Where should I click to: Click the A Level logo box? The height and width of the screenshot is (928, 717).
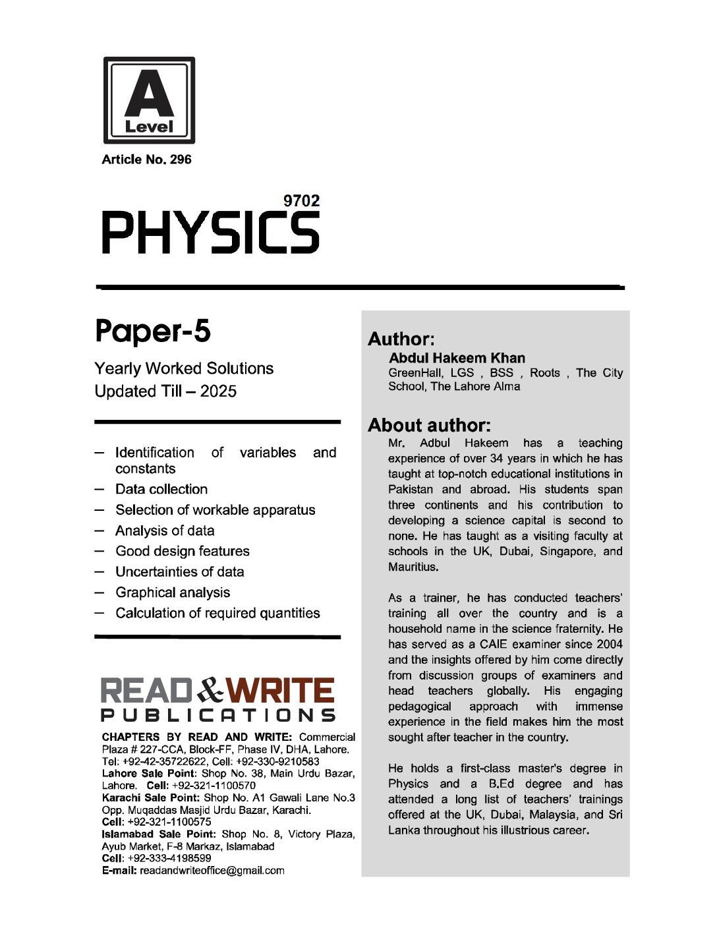(x=149, y=100)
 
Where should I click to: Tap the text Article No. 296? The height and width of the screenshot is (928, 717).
(x=146, y=159)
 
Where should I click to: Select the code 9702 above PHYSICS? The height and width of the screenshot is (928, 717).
(x=301, y=200)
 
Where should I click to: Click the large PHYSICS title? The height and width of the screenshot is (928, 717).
(x=210, y=233)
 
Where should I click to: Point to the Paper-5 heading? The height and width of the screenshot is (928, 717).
(x=152, y=331)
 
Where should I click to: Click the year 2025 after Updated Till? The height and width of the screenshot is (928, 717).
(x=218, y=391)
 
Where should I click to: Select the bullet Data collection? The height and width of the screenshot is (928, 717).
(x=161, y=489)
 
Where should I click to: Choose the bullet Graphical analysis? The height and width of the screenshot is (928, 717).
(x=173, y=593)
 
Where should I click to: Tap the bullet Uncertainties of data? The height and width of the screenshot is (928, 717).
(x=179, y=571)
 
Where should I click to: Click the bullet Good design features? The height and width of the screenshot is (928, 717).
(x=182, y=551)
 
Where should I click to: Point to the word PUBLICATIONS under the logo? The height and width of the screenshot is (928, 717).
(x=218, y=715)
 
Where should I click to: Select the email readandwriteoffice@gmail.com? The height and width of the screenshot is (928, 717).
(x=212, y=870)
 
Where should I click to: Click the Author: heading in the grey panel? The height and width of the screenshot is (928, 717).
(x=401, y=339)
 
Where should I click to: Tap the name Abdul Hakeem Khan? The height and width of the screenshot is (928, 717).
(x=457, y=358)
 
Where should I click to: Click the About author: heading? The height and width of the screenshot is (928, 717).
(x=429, y=425)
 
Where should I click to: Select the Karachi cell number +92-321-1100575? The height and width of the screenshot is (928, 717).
(x=169, y=822)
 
